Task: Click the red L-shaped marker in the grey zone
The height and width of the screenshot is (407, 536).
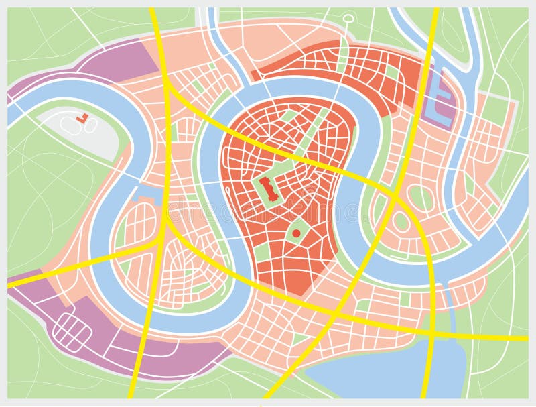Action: coord(82,118)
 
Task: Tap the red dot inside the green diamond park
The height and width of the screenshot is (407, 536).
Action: coord(295,233)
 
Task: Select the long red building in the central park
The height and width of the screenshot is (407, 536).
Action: coord(270,190)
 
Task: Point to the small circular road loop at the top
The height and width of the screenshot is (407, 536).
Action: coord(348,18)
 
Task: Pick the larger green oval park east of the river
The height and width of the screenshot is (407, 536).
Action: coord(421,198)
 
